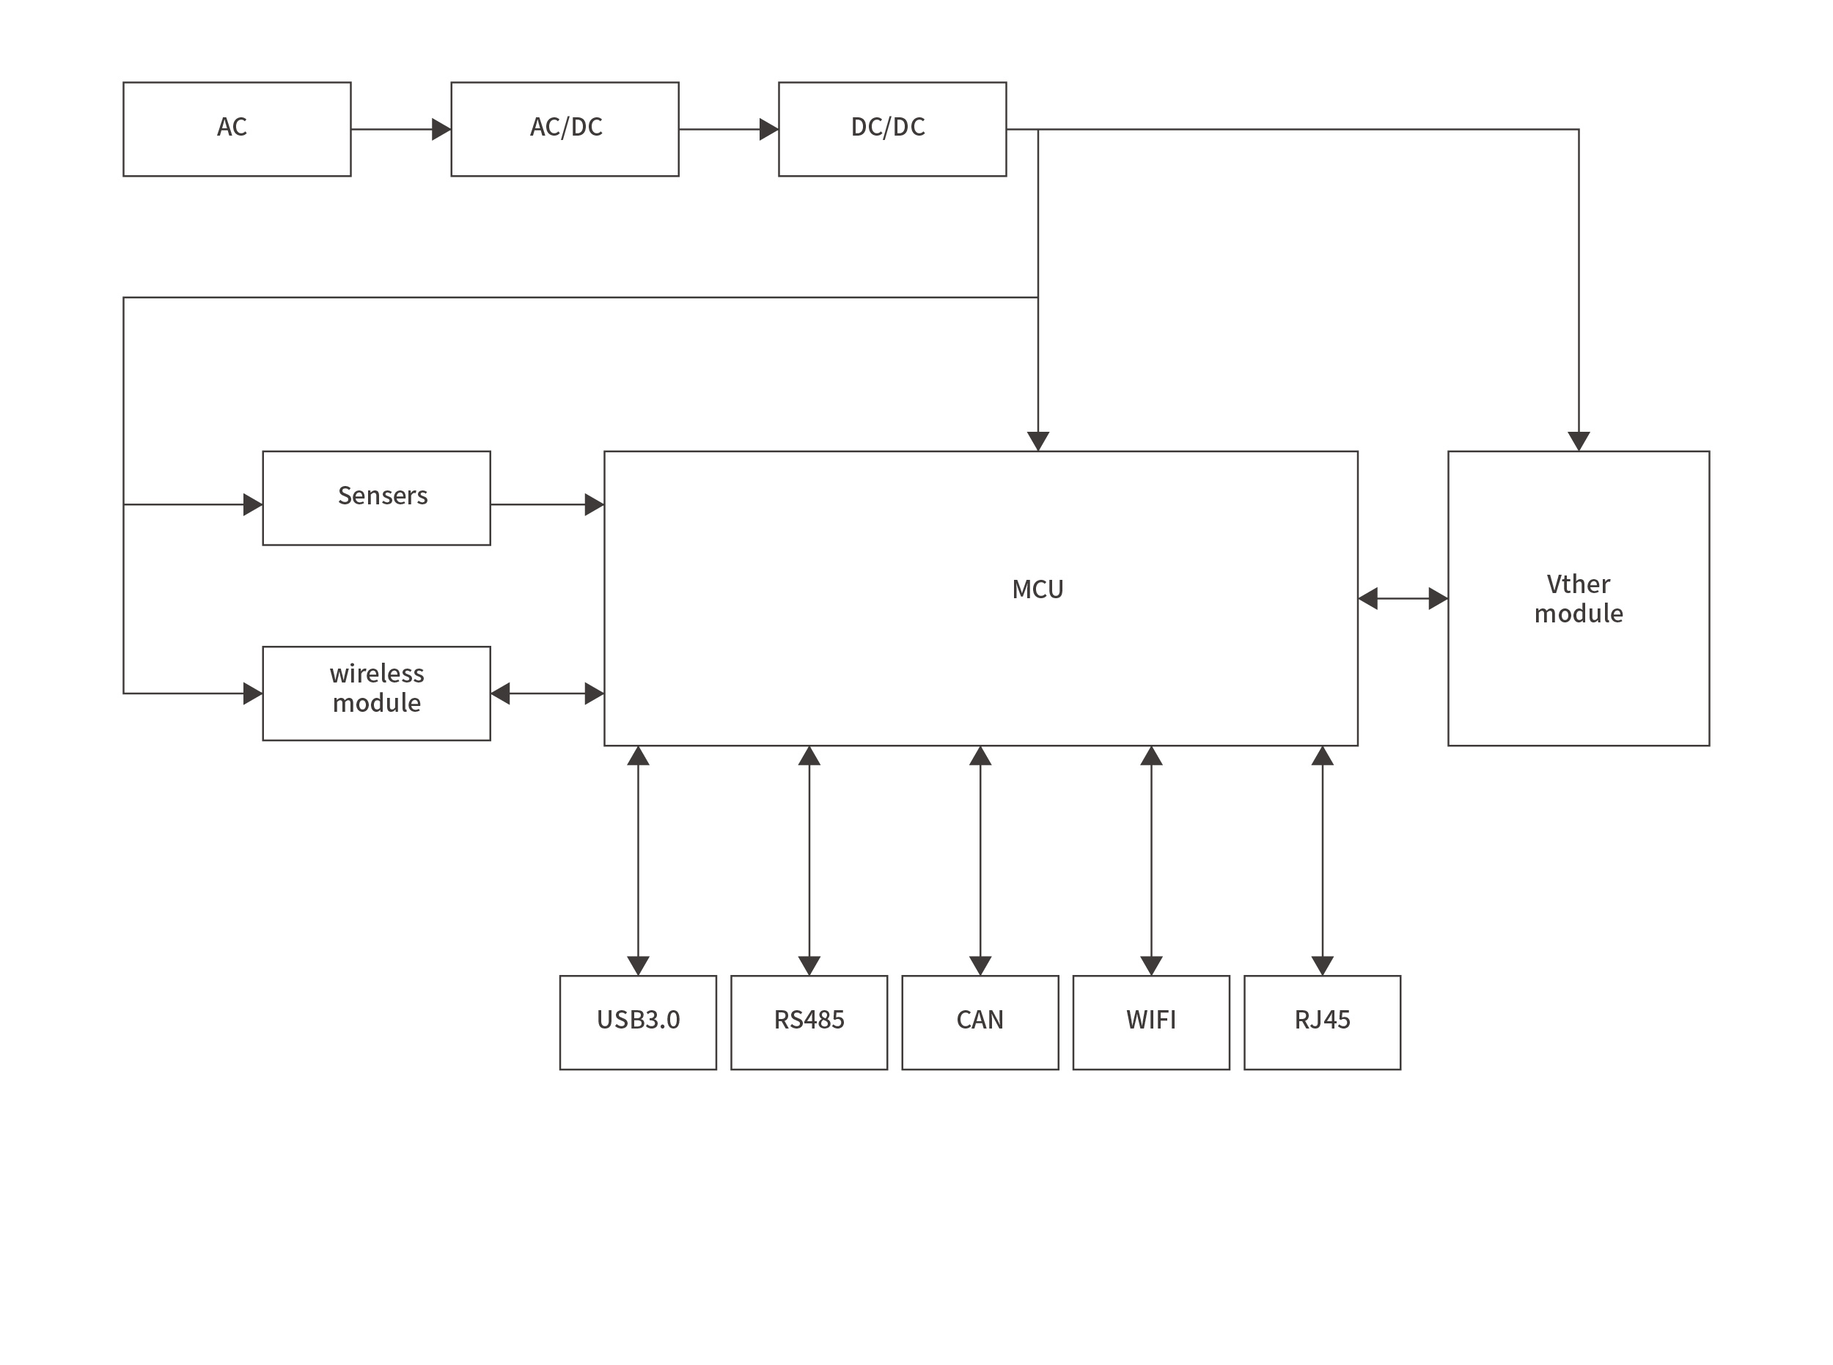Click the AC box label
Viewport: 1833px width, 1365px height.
pyautogui.click(x=232, y=128)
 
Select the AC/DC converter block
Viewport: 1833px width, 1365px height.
pyautogui.click(x=565, y=129)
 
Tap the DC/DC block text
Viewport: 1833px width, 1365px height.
pyautogui.click(x=888, y=128)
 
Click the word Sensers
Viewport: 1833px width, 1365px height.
pyautogui.click(x=382, y=496)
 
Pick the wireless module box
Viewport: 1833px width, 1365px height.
pyautogui.click(x=376, y=693)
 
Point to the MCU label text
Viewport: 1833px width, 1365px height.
pyautogui.click(x=1037, y=589)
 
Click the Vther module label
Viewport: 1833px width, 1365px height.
pyautogui.click(x=1578, y=599)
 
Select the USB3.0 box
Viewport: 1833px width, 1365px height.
pyautogui.click(x=637, y=1022)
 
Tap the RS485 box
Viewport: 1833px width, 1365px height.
pyautogui.click(x=808, y=1022)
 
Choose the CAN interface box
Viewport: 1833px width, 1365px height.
pyautogui.click(x=980, y=1022)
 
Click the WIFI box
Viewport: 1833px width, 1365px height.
pyautogui.click(x=1150, y=1022)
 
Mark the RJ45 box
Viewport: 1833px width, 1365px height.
pyautogui.click(x=1321, y=1022)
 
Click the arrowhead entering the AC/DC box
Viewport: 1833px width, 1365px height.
pyautogui.click(x=441, y=130)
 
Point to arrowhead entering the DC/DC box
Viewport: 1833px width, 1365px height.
pyautogui.click(x=768, y=130)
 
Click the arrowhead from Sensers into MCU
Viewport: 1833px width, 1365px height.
pyautogui.click(x=594, y=505)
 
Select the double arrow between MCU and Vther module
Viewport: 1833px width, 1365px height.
pyautogui.click(x=1403, y=599)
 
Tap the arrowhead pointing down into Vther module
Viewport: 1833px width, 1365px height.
pyautogui.click(x=1579, y=441)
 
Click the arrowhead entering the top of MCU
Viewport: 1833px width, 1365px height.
pyautogui.click(x=1038, y=441)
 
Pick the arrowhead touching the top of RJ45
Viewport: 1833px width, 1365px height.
pyautogui.click(x=1322, y=965)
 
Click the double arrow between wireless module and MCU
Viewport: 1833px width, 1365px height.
pyautogui.click(x=547, y=694)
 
